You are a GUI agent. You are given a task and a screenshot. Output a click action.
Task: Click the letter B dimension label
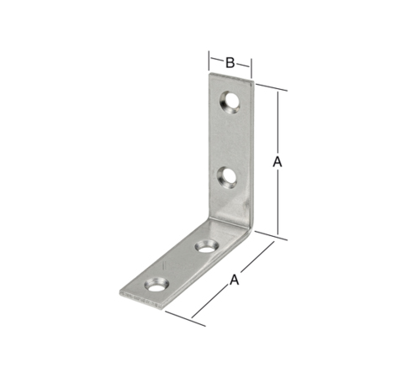230,63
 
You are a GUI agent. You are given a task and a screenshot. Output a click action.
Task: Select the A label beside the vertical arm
277,162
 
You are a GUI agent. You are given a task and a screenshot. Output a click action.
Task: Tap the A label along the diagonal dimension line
235,280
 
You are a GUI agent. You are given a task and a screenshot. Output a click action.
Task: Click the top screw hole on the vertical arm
230,102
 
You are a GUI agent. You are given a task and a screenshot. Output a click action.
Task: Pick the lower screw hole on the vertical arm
227,177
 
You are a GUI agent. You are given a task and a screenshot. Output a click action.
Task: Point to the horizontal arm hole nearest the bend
207,246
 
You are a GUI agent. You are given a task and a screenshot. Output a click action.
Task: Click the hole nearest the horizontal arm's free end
156,285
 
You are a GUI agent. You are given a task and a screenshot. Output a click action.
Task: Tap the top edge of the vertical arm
231,77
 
